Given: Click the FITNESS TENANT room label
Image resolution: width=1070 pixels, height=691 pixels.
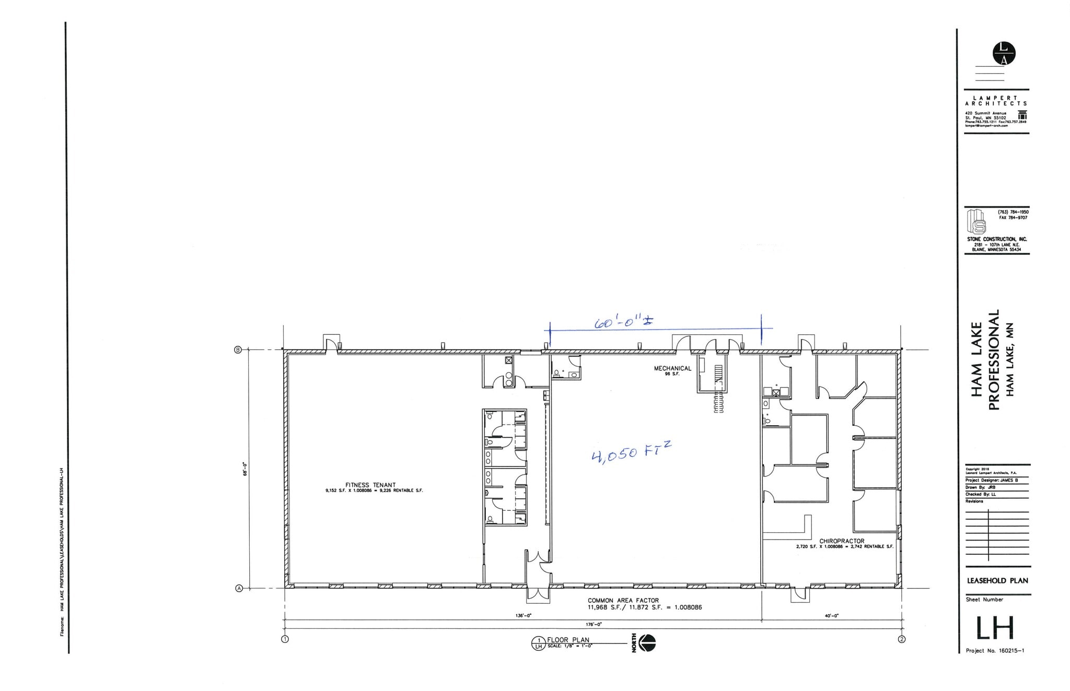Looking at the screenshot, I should coord(370,485).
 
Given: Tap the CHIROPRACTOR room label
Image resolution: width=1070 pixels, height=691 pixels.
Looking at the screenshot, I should coord(841,541).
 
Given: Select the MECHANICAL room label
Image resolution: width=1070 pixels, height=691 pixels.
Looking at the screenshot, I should coord(672,368).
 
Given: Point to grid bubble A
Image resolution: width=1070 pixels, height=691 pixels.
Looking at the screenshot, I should coord(239,589).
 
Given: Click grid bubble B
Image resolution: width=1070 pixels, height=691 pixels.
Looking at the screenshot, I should coord(238,349).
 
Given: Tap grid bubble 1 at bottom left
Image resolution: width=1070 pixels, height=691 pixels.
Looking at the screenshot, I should coord(285,639).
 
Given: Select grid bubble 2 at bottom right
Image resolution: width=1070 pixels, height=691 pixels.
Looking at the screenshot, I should coord(901,639).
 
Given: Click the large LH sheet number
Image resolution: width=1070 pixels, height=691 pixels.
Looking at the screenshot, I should coord(995,628).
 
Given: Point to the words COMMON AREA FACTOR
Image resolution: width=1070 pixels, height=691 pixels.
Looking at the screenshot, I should coord(623,601).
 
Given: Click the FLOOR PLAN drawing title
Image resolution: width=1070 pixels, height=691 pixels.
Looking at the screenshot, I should coord(568,640).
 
